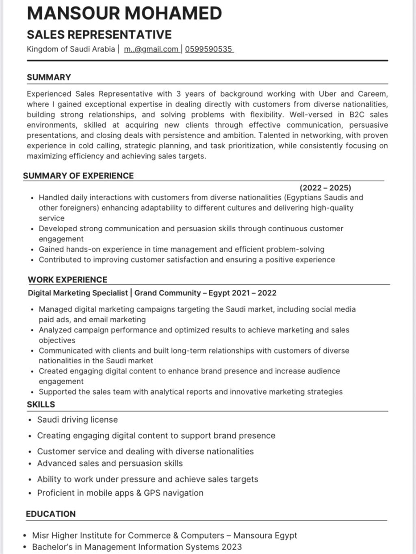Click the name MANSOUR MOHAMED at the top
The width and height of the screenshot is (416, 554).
tap(124, 13)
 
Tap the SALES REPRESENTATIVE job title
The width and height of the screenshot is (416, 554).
tap(99, 35)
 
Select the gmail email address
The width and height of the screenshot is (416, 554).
tap(151, 49)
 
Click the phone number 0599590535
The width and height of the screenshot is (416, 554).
tap(208, 49)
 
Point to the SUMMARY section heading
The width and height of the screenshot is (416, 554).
tap(49, 77)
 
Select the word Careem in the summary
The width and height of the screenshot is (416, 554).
tap(372, 94)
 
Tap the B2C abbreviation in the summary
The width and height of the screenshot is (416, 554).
tap(356, 115)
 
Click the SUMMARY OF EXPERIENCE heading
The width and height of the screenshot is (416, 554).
tap(78, 176)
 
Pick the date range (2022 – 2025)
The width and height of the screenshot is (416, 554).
tap(325, 188)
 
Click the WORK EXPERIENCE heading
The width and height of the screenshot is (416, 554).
tap(67, 280)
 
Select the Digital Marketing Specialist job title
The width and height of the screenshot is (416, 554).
tap(78, 293)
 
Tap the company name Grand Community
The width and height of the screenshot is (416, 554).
tap(167, 293)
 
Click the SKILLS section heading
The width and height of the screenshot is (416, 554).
tap(41, 404)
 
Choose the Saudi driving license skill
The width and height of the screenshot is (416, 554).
tap(77, 420)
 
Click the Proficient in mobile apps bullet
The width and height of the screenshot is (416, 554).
tap(120, 493)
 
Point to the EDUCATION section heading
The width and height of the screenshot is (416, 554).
tap(51, 514)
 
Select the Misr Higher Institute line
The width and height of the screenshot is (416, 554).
tap(165, 536)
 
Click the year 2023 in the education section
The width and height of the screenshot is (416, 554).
tap(232, 547)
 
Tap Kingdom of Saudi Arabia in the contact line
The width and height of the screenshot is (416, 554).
tap(71, 49)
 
